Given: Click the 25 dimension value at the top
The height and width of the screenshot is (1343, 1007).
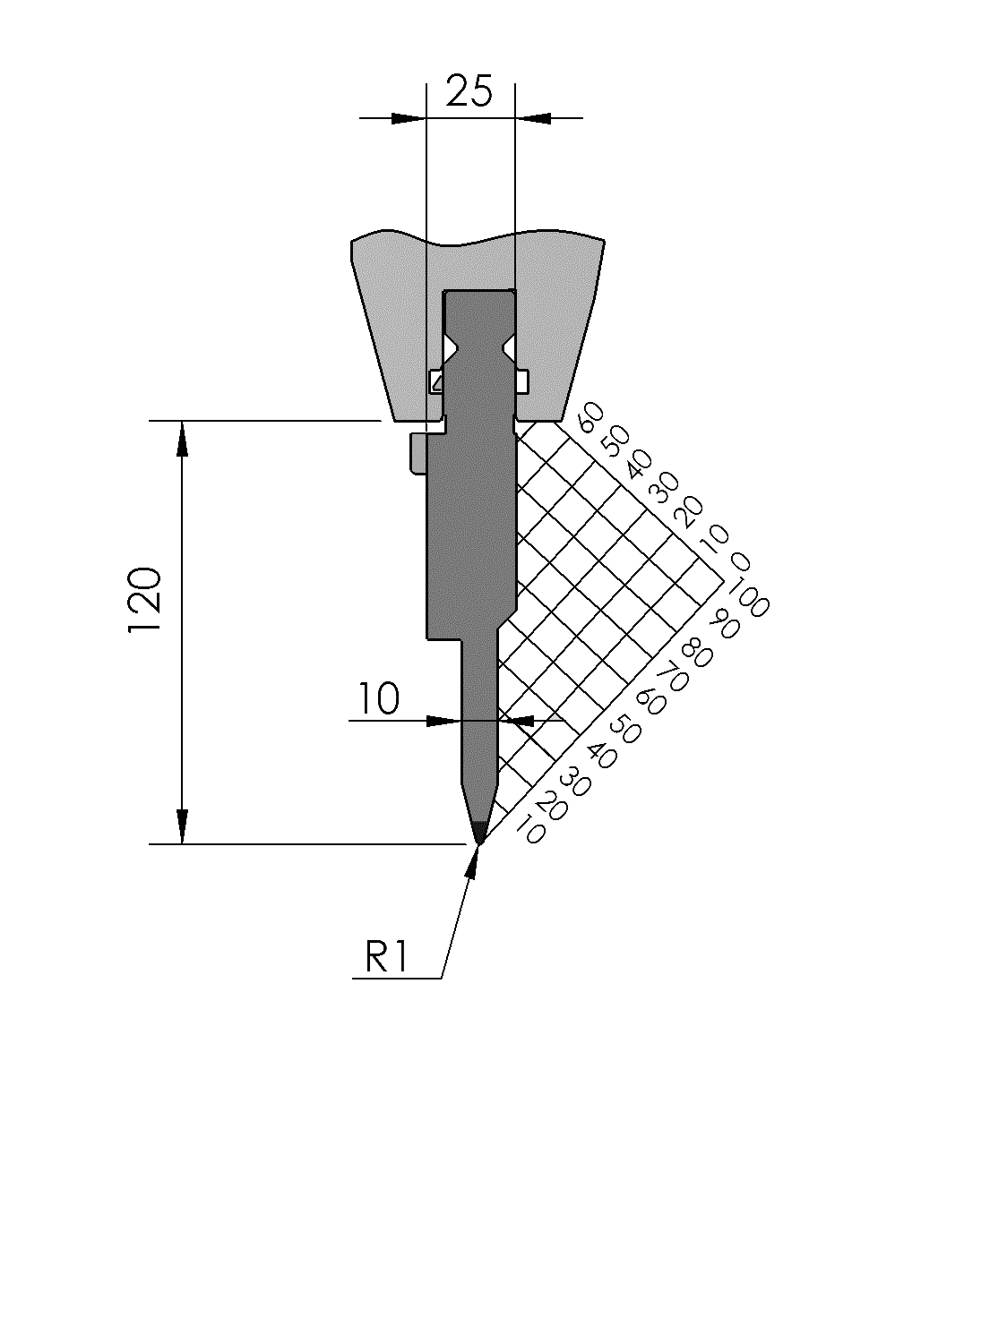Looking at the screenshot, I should [x=469, y=91].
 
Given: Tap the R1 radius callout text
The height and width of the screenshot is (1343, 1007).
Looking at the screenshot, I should [x=386, y=957].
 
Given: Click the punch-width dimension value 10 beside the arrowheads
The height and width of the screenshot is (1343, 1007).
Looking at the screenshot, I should [x=379, y=699].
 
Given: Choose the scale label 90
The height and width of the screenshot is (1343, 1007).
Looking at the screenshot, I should [x=724, y=624].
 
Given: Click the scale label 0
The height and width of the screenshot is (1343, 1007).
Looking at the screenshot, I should [x=739, y=562].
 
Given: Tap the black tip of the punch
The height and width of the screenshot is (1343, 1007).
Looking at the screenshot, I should [x=479, y=831].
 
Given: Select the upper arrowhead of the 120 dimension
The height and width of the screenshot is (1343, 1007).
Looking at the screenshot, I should [x=183, y=438].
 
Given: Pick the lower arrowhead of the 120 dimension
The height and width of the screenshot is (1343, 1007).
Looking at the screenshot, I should [x=183, y=826].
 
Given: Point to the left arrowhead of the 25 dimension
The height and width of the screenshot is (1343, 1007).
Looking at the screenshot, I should [x=409, y=117].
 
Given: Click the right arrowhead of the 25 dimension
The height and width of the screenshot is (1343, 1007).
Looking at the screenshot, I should [x=534, y=117].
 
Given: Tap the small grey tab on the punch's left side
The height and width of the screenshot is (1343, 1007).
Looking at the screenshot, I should [x=417, y=452].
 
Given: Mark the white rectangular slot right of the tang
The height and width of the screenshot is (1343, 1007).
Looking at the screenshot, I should [x=521, y=381].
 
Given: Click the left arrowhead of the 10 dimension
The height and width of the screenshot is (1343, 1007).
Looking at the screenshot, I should [x=443, y=720].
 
